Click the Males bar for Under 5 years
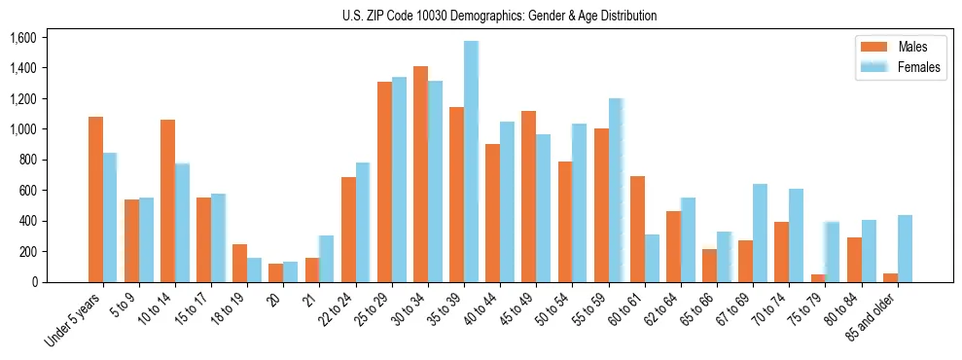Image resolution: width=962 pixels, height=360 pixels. coord(95,199)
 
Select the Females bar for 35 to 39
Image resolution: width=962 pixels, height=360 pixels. coord(471,162)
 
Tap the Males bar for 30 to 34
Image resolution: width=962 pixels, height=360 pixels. coord(420,174)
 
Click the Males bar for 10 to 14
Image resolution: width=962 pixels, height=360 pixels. coord(167,200)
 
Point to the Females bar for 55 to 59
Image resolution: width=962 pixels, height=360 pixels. coord(616,190)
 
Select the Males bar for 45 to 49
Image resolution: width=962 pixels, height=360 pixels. coord(528,197)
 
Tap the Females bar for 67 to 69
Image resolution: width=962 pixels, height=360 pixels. coord(760,233)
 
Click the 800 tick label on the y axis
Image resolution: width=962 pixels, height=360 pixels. coord(27,160)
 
